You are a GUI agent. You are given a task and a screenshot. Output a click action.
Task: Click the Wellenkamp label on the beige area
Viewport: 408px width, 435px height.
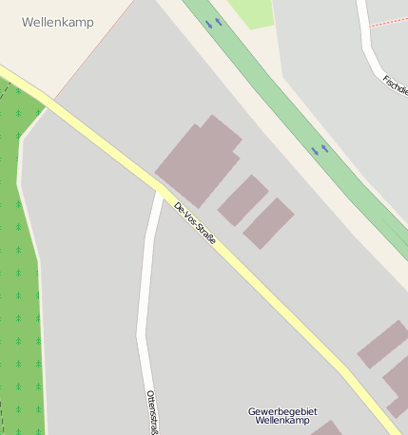click(x=57, y=22)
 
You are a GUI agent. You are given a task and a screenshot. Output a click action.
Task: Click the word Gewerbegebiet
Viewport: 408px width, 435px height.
click(x=282, y=411)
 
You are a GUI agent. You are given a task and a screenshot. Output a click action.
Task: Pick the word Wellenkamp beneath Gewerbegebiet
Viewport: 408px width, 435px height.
click(x=282, y=421)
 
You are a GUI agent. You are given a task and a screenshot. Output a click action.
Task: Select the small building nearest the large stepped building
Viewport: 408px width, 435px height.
click(x=243, y=199)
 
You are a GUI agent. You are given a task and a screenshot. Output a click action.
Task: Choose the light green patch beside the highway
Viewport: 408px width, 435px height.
click(x=250, y=11)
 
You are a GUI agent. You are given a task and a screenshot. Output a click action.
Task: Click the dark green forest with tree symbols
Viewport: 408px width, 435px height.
click(x=19, y=285)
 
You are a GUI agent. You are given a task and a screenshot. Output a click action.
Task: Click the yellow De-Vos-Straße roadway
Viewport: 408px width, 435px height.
click(x=266, y=294)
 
